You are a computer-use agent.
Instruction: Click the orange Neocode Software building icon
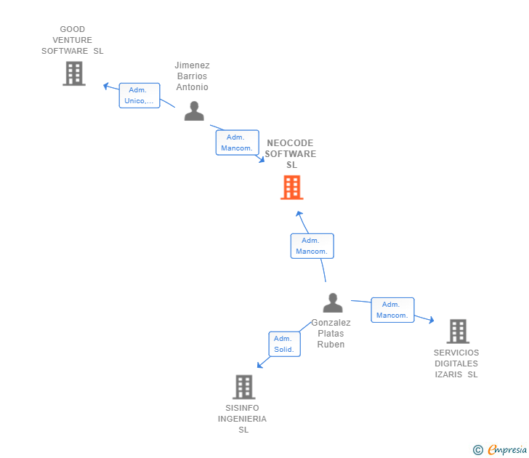291,188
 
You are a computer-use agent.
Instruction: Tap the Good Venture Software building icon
73,73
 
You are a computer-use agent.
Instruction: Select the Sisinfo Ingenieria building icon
243,387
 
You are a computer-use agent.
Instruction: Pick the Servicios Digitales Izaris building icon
458,332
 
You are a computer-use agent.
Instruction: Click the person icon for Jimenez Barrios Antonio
193,111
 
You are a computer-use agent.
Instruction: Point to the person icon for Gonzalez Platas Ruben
332,302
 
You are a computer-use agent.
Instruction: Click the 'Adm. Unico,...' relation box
140,95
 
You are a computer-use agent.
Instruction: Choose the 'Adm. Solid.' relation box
283,344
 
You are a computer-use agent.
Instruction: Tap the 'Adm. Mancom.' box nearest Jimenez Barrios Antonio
237,142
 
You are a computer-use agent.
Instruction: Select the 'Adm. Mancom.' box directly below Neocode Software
312,246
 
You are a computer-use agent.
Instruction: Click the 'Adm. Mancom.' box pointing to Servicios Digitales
392,310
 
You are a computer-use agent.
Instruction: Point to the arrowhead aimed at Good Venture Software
106,86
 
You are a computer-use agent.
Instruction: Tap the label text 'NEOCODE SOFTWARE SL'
291,154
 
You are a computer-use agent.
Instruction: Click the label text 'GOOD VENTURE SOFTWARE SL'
73,41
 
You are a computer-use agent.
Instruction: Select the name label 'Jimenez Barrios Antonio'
192,76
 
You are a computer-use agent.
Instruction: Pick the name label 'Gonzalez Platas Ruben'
331,334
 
